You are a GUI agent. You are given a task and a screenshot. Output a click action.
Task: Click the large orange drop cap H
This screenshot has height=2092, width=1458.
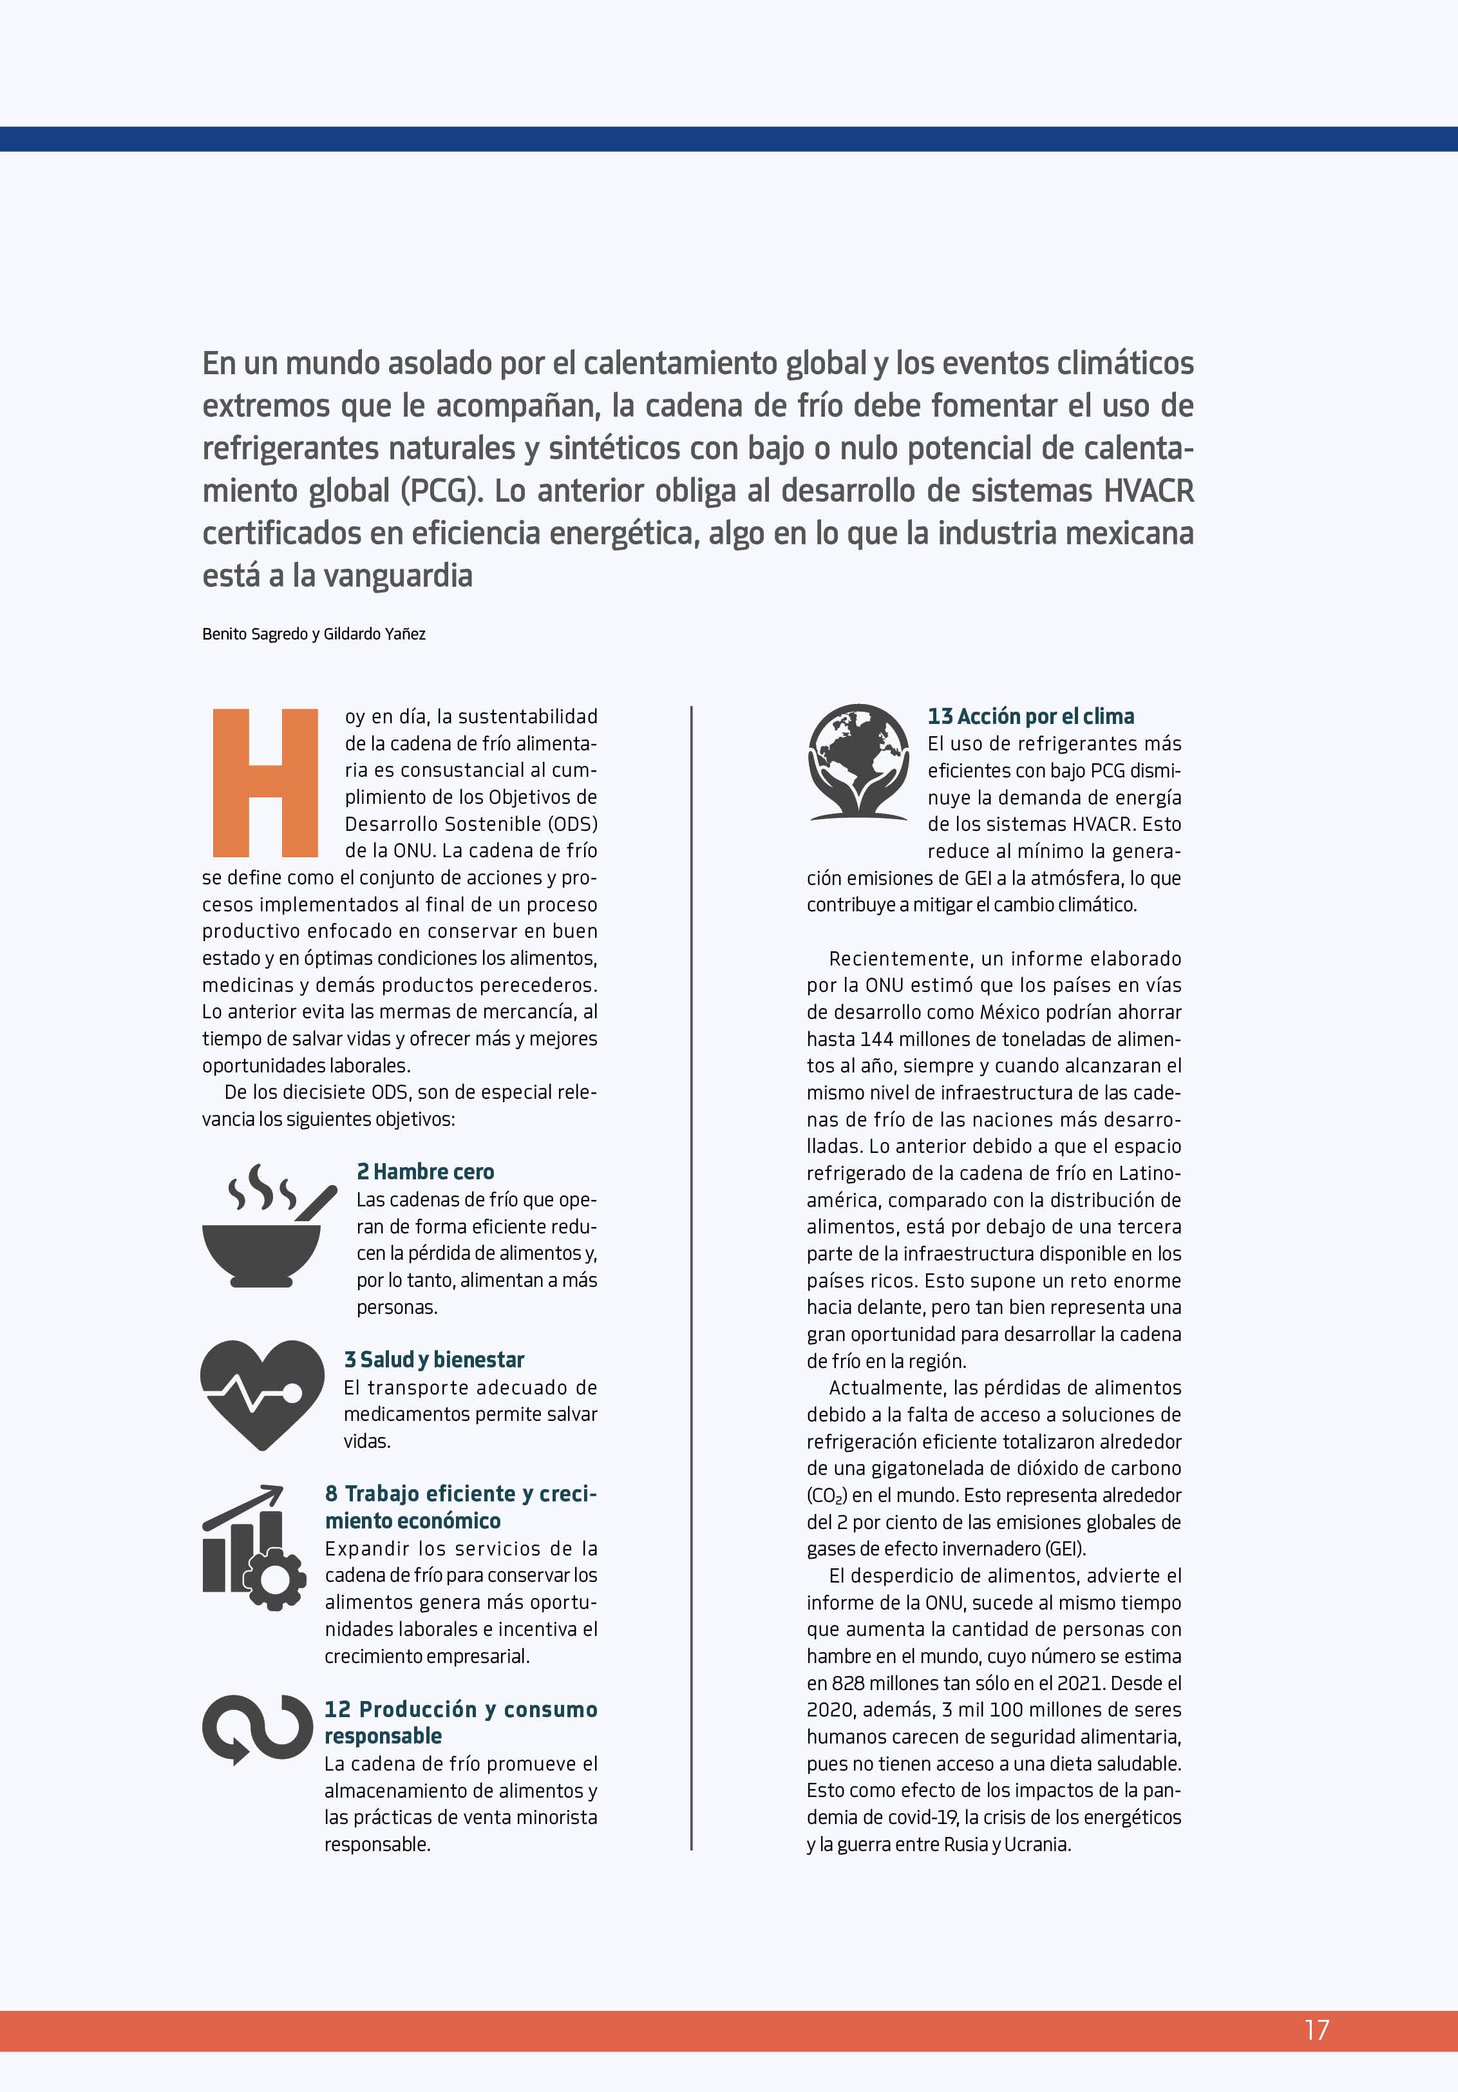coord(264,783)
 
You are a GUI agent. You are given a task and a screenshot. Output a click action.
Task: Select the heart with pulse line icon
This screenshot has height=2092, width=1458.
coord(261,1394)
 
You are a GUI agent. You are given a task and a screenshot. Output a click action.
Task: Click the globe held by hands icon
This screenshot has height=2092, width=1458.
coord(858,762)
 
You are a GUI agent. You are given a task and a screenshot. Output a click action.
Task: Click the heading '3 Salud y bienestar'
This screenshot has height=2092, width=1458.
coord(434,1360)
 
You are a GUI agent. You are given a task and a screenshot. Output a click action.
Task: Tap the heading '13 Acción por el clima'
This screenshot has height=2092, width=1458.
coord(1030,716)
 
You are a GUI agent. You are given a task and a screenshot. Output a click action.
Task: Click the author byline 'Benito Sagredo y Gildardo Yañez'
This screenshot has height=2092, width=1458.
coord(314,634)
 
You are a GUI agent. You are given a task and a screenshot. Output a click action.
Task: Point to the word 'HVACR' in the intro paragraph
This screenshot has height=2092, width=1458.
coord(1148,491)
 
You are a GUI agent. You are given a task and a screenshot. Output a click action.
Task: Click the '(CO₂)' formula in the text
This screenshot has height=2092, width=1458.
coord(828,1495)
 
